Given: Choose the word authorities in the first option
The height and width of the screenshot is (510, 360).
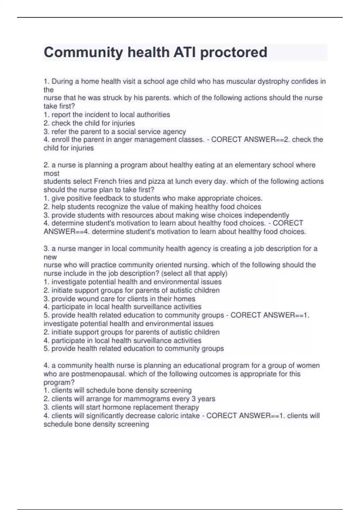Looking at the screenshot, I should pyautogui.click(x=153, y=115).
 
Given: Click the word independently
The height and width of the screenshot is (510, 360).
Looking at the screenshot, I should pyautogui.click(x=267, y=215).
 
